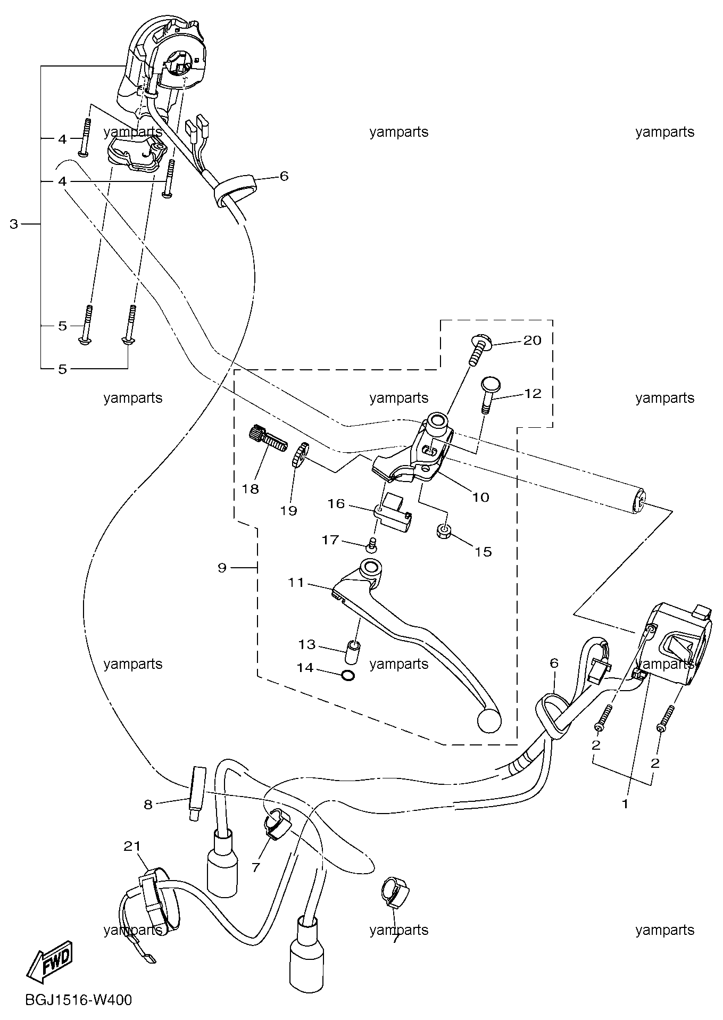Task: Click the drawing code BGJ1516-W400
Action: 78,1000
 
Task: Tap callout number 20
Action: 532,340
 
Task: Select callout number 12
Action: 533,393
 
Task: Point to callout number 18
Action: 250,488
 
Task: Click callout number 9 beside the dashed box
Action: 222,568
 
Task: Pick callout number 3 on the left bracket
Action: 14,224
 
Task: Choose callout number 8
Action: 148,805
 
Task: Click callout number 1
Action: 626,804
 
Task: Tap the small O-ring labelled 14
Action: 347,676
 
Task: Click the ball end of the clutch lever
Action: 489,720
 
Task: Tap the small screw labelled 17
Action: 372,544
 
